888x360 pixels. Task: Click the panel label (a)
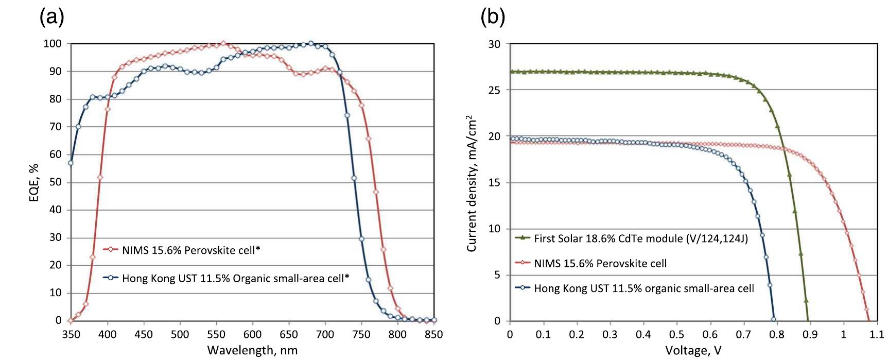[x=51, y=18]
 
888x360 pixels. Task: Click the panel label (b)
[x=493, y=18]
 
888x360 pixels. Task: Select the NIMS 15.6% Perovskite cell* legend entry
[x=190, y=250]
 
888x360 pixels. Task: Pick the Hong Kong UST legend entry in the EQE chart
[x=235, y=279]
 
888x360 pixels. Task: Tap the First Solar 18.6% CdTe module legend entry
[x=640, y=238]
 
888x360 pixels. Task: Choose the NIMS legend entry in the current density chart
[x=600, y=264]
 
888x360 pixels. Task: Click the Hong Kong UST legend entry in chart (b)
[x=643, y=288]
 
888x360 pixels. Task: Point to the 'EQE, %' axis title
[x=34, y=182]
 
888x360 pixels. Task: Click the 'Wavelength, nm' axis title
[x=252, y=351]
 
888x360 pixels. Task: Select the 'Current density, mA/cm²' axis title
[x=472, y=184]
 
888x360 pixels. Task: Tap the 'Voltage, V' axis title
[x=693, y=351]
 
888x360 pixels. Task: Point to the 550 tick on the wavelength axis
[x=216, y=334]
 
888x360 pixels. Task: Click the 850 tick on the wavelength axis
[x=433, y=334]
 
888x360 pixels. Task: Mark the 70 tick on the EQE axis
[x=55, y=127]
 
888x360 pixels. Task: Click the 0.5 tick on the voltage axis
[x=676, y=334]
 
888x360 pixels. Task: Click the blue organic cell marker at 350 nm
[x=71, y=163]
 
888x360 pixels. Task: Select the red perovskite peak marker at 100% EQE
[x=223, y=43]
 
